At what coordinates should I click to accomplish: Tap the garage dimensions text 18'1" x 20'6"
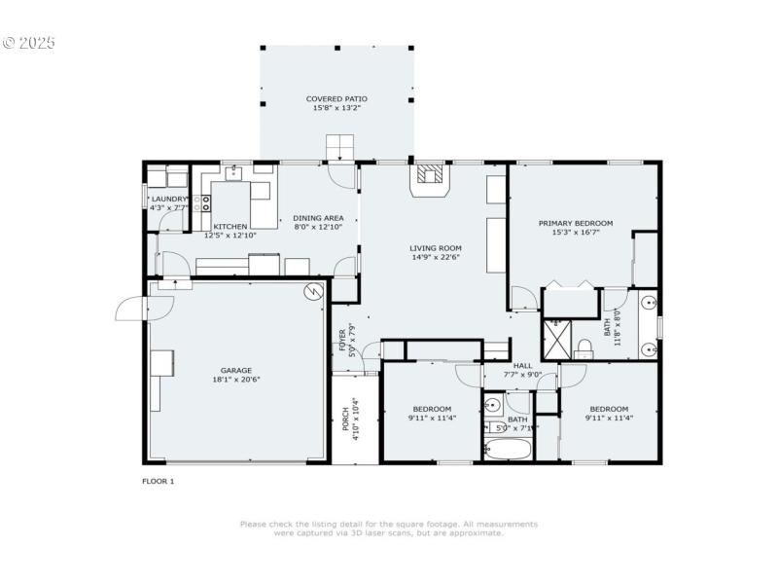pyautogui.click(x=235, y=380)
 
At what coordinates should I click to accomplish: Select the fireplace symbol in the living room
pyautogui.click(x=429, y=175)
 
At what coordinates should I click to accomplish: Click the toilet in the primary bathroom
pyautogui.click(x=584, y=348)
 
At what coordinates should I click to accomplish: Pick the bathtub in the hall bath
pyautogui.click(x=508, y=450)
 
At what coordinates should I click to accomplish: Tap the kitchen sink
pyautogui.click(x=234, y=174)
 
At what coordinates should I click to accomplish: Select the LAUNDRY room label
pyautogui.click(x=168, y=199)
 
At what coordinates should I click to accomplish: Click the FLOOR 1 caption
pyautogui.click(x=158, y=481)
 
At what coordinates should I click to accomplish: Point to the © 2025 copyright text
pyautogui.click(x=29, y=43)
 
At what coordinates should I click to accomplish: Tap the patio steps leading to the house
pyautogui.click(x=339, y=148)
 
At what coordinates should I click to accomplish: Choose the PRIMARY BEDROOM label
pyautogui.click(x=576, y=223)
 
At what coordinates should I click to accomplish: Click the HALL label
pyautogui.click(x=522, y=366)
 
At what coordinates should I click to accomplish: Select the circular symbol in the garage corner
pyautogui.click(x=313, y=291)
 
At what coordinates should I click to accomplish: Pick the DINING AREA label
pyautogui.click(x=318, y=218)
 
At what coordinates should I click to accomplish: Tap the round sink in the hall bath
pyautogui.click(x=493, y=406)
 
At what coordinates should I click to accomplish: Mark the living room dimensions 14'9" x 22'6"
pyautogui.click(x=435, y=257)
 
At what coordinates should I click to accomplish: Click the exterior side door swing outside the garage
pyautogui.click(x=129, y=309)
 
